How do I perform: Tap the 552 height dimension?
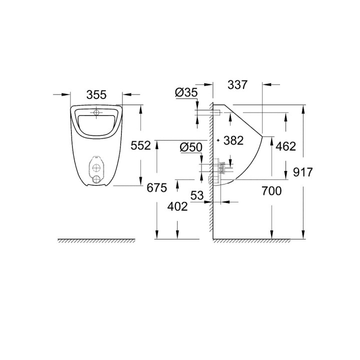(140, 145)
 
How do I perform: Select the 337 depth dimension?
(237, 84)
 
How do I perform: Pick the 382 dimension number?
(233, 140)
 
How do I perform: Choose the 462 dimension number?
(286, 146)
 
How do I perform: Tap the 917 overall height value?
(317, 172)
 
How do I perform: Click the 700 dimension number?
(270, 190)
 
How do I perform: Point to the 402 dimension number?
(178, 206)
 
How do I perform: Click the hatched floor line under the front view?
(96, 241)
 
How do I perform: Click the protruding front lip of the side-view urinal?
(262, 136)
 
